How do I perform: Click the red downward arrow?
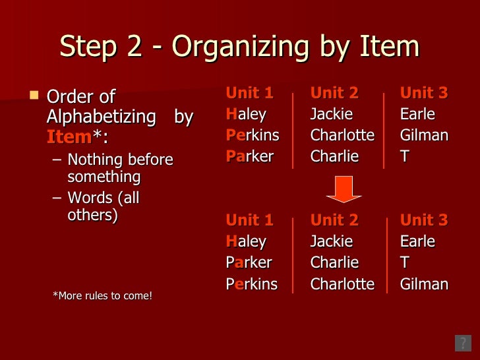[x=344, y=189]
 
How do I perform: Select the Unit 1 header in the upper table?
[x=249, y=93]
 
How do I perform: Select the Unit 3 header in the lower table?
[x=424, y=220]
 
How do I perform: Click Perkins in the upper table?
[x=253, y=135]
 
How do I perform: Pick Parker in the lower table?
[x=249, y=262]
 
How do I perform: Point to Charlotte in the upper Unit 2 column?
[x=342, y=135]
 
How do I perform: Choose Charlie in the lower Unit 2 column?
[x=334, y=262]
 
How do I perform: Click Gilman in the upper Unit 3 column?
[x=424, y=135]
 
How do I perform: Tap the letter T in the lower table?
[x=405, y=262]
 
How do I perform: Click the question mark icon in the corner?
[x=463, y=343]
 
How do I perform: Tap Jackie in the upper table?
[x=332, y=114]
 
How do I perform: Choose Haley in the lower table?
[x=246, y=241]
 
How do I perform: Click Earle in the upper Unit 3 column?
[x=417, y=114]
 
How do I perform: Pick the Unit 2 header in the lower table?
[x=334, y=220]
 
